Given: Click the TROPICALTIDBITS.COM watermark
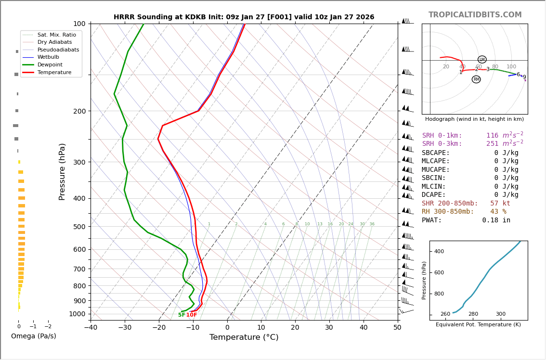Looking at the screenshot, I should pos(475,15).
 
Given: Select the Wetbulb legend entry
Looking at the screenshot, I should pos(48,57).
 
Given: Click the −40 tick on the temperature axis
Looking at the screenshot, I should pos(91,328).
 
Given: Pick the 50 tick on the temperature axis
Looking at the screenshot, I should pos(397,328).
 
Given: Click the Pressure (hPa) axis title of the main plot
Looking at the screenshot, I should pos(62,171).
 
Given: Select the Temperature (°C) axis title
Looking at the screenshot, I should pos(244,337).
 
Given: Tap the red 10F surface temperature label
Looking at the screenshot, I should pos(192,315).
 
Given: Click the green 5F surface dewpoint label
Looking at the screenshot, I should pos(182,315).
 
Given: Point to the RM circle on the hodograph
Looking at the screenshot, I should pos(476,79).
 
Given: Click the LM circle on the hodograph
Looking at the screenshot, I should pos(482,60).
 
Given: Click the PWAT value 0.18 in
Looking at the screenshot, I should pos(496,220).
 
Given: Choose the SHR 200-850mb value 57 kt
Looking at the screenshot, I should pos(500,204).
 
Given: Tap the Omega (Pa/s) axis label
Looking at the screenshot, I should pos(34,336).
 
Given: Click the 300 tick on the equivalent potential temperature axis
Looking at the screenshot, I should pos(501,314).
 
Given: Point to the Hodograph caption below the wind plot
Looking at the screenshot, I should pos(474,119).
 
